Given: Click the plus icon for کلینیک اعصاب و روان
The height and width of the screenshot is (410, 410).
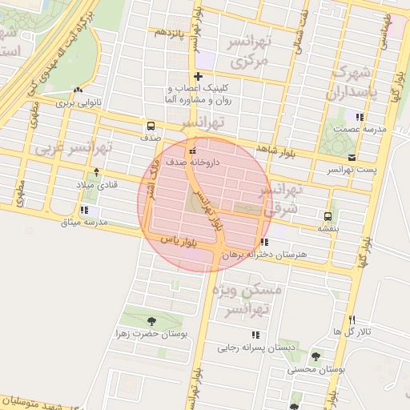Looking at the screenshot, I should [x=197, y=77].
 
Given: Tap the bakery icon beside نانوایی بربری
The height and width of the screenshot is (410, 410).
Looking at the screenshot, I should [x=78, y=90].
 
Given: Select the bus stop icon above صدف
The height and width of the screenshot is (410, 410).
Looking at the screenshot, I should [x=151, y=126].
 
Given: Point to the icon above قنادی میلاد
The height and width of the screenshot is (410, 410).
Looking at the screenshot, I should [x=96, y=172].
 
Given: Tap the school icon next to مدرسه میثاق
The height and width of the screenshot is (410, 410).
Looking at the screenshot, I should [x=96, y=210].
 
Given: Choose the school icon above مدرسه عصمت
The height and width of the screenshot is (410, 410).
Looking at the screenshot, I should [x=360, y=117].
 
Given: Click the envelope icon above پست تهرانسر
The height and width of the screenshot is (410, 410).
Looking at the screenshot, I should [x=353, y=157].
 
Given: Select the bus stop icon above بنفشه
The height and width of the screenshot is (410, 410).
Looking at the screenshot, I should [x=328, y=216].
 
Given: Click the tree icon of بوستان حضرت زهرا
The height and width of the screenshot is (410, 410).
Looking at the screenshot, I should [x=151, y=321].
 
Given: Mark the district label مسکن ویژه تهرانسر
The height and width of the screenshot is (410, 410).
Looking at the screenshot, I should [x=255, y=297].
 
